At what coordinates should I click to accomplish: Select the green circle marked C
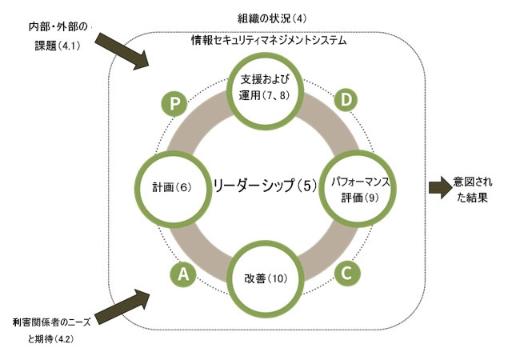click(346, 273)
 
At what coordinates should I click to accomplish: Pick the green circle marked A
click(183, 274)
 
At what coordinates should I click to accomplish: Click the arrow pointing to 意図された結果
click(441, 187)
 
